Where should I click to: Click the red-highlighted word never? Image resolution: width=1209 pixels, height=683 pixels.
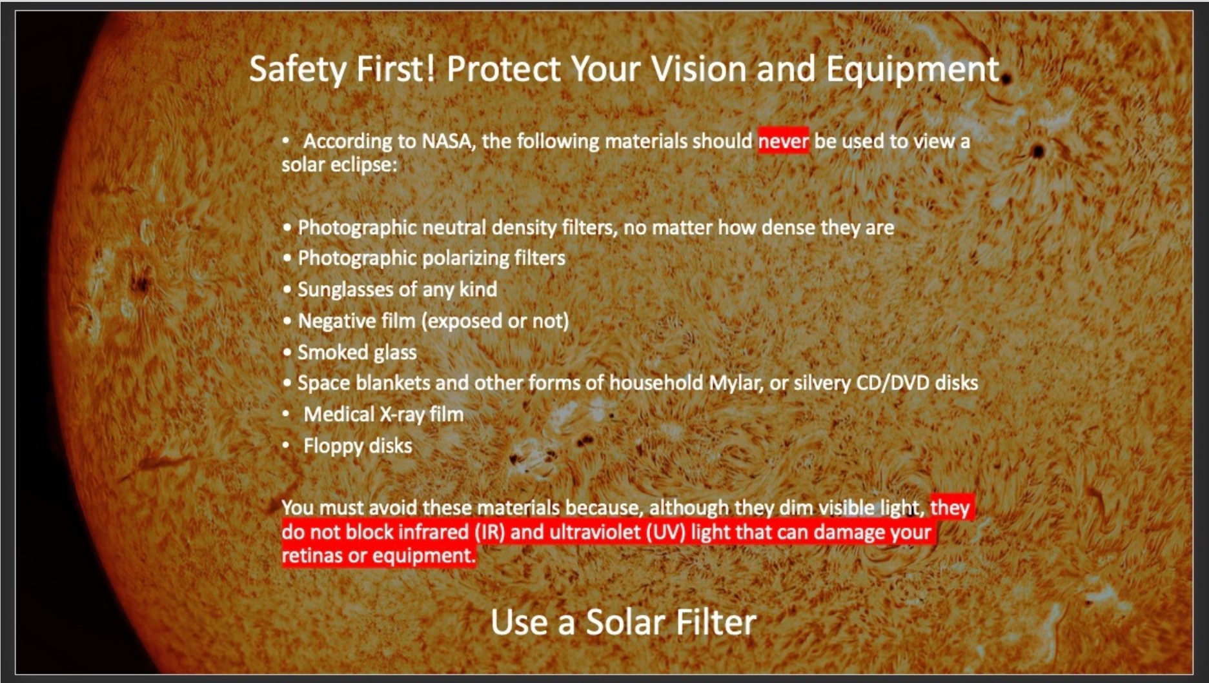click(x=783, y=141)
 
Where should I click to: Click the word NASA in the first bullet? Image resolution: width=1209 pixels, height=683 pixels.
click(x=447, y=141)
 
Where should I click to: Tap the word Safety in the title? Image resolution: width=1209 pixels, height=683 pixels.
click(x=298, y=69)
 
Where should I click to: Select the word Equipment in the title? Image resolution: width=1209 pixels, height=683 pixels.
click(x=912, y=69)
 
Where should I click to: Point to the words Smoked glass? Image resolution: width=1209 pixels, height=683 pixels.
click(x=357, y=352)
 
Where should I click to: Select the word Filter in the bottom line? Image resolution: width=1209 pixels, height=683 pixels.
click(x=715, y=622)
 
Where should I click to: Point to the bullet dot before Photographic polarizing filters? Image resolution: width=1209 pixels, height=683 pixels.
click(x=287, y=259)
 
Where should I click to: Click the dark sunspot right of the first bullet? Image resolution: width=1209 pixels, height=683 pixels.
click(x=1038, y=152)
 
